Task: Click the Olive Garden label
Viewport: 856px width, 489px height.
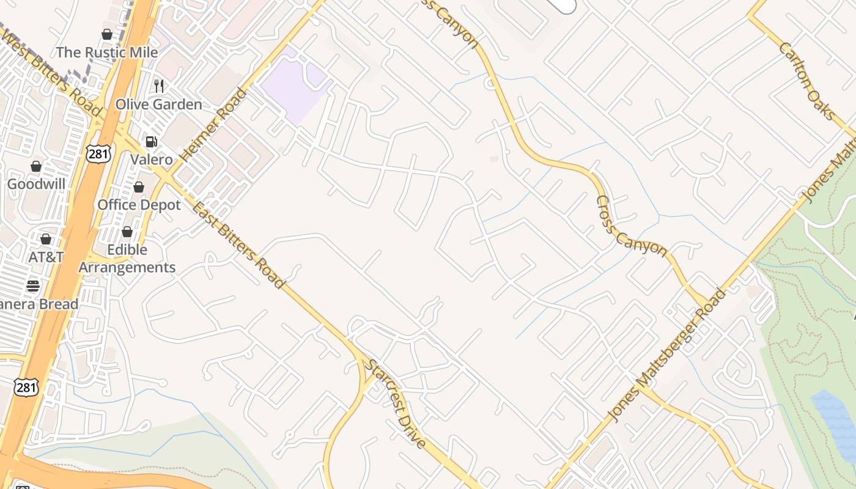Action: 158,105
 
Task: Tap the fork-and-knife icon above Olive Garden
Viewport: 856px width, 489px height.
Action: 159,86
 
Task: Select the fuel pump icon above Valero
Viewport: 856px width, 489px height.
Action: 151,142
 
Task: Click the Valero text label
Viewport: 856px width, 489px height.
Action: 152,160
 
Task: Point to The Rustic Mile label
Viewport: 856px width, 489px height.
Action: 107,53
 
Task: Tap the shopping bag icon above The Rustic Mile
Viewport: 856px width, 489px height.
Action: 107,34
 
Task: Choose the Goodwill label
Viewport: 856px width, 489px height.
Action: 36,184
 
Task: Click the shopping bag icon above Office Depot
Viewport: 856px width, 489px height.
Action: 139,187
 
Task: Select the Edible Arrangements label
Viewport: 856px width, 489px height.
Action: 127,259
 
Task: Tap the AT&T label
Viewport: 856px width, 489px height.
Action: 46,257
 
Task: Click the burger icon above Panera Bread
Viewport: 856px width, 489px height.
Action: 33,285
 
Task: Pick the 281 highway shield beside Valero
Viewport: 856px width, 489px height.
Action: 98,153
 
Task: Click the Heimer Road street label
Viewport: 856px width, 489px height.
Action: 214,126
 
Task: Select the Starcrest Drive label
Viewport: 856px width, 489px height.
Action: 396,404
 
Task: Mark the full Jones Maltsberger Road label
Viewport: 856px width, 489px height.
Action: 666,355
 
